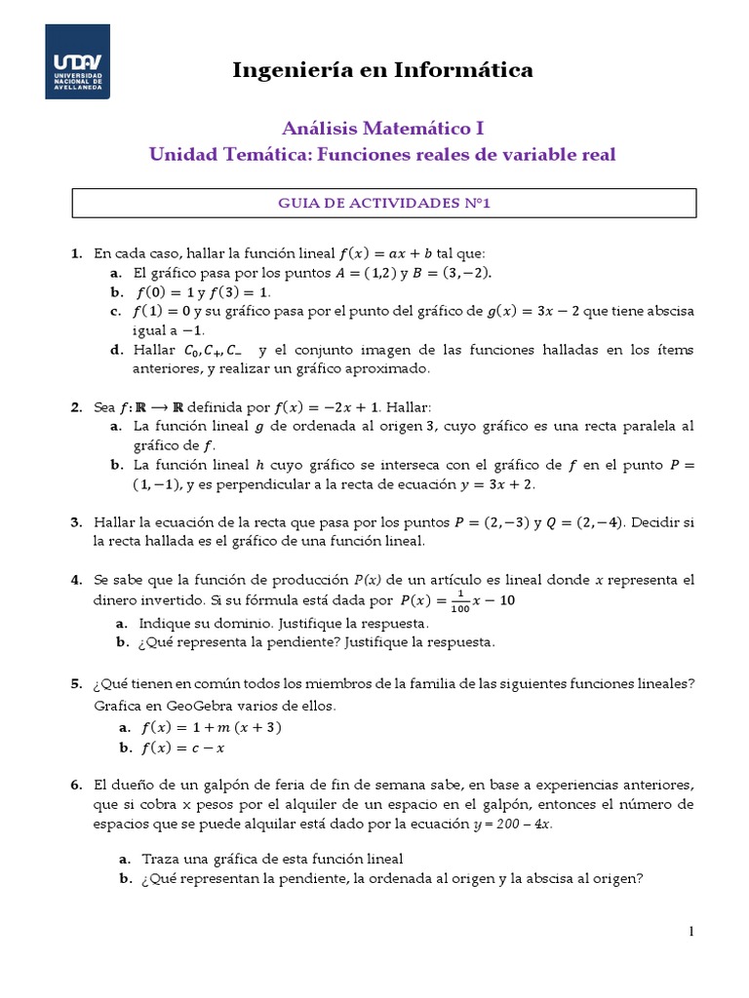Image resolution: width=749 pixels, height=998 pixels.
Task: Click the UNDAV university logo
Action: point(77,61)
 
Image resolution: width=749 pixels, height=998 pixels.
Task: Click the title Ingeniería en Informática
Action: point(382,69)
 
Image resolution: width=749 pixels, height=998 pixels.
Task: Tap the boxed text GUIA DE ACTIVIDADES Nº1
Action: point(384,203)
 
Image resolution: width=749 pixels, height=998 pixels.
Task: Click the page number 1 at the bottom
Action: point(690,933)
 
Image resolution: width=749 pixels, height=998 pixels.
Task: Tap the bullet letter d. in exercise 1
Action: point(116,351)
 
